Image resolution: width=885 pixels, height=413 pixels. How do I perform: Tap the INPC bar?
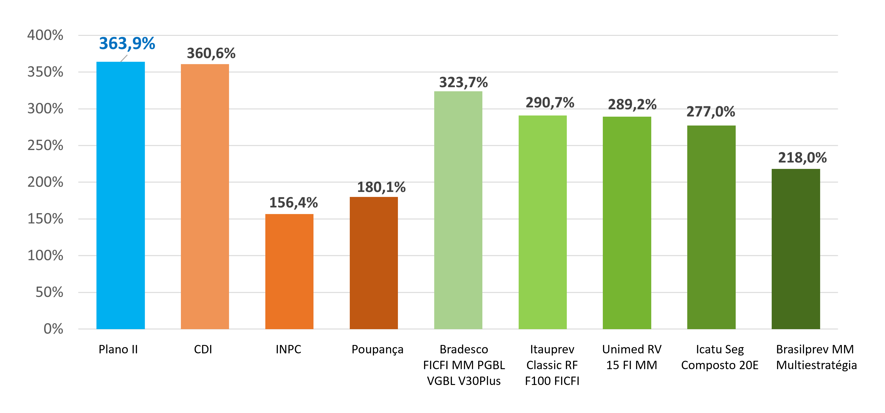click(x=289, y=271)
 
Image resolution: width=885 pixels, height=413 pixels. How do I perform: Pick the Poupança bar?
click(x=374, y=263)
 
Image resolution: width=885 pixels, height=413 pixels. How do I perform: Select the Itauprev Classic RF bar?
click(x=542, y=222)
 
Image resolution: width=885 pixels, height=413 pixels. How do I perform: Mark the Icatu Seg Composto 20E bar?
click(x=711, y=227)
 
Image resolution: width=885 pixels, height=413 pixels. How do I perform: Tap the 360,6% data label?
click(x=211, y=53)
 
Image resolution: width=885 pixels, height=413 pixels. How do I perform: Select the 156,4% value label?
click(x=293, y=203)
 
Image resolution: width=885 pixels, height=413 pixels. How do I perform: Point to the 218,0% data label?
click(x=802, y=158)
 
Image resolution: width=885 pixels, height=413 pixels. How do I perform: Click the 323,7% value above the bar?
click(x=463, y=82)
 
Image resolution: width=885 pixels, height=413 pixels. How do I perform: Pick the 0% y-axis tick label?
click(x=53, y=329)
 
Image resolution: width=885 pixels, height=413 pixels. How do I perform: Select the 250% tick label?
click(x=45, y=145)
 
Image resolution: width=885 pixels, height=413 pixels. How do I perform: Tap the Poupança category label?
click(x=377, y=350)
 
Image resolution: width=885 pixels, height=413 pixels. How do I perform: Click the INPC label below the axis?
click(x=288, y=350)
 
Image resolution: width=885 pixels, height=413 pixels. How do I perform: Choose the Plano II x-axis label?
click(x=118, y=350)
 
